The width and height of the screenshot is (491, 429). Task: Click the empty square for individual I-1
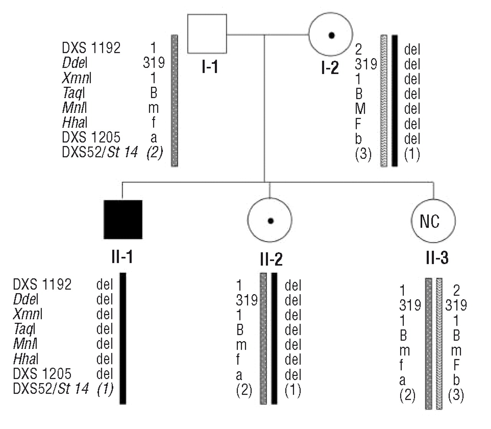point(207,34)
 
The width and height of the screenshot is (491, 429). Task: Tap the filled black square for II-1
point(123,219)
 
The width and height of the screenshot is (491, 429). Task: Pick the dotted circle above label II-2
point(270,220)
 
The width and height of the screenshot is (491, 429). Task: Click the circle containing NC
point(433,221)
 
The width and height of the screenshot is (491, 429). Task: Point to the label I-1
point(209,68)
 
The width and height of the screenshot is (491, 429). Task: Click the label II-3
point(437,258)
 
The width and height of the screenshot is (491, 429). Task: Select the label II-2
point(271,259)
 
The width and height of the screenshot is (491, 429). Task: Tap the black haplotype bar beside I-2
point(395,101)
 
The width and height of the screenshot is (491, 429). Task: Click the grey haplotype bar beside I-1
point(174,101)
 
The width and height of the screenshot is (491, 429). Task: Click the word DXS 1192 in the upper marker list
point(91,48)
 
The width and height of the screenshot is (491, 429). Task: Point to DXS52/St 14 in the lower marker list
point(51,389)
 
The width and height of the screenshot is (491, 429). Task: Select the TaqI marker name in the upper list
point(73,93)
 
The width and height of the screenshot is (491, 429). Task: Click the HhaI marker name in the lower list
point(26,359)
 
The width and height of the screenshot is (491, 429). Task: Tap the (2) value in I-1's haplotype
point(154,152)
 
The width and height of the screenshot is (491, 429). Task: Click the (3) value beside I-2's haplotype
point(363,154)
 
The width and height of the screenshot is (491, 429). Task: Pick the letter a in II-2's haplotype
point(239,375)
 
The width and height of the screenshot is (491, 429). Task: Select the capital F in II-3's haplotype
point(456,365)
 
